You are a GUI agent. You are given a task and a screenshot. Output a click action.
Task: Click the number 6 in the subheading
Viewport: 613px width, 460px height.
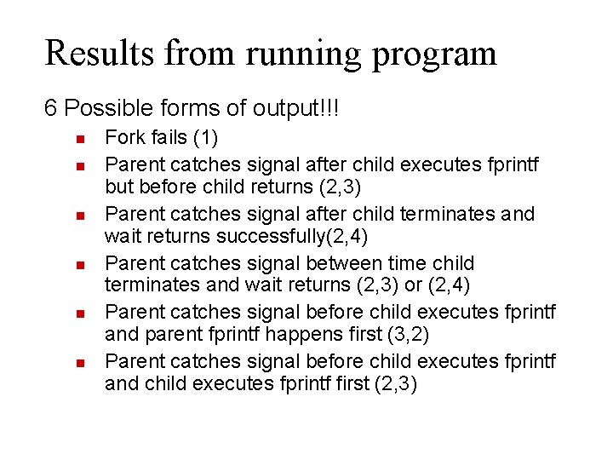51,109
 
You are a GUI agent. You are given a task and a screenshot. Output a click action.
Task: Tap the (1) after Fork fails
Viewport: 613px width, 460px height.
206,138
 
